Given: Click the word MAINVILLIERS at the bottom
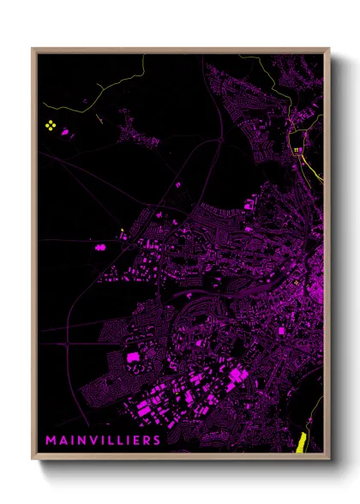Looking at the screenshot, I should (x=104, y=440).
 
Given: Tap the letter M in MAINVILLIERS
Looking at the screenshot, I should (x=51, y=440).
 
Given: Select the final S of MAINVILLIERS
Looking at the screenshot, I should (x=157, y=440).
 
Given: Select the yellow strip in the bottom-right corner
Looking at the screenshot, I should (x=301, y=442).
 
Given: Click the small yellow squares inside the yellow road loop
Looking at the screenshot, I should (x=297, y=150).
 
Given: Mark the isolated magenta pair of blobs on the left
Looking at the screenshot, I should (x=101, y=246).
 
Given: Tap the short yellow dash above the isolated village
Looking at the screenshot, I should (x=102, y=120).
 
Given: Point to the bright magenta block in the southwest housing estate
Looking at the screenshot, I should (x=133, y=356).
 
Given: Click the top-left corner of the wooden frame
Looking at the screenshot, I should (x=33, y=49).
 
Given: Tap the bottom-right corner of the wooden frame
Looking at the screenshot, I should (x=329, y=459).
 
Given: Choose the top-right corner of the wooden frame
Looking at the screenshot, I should (x=329, y=49).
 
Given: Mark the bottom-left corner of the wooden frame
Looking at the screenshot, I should (x=33, y=459).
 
